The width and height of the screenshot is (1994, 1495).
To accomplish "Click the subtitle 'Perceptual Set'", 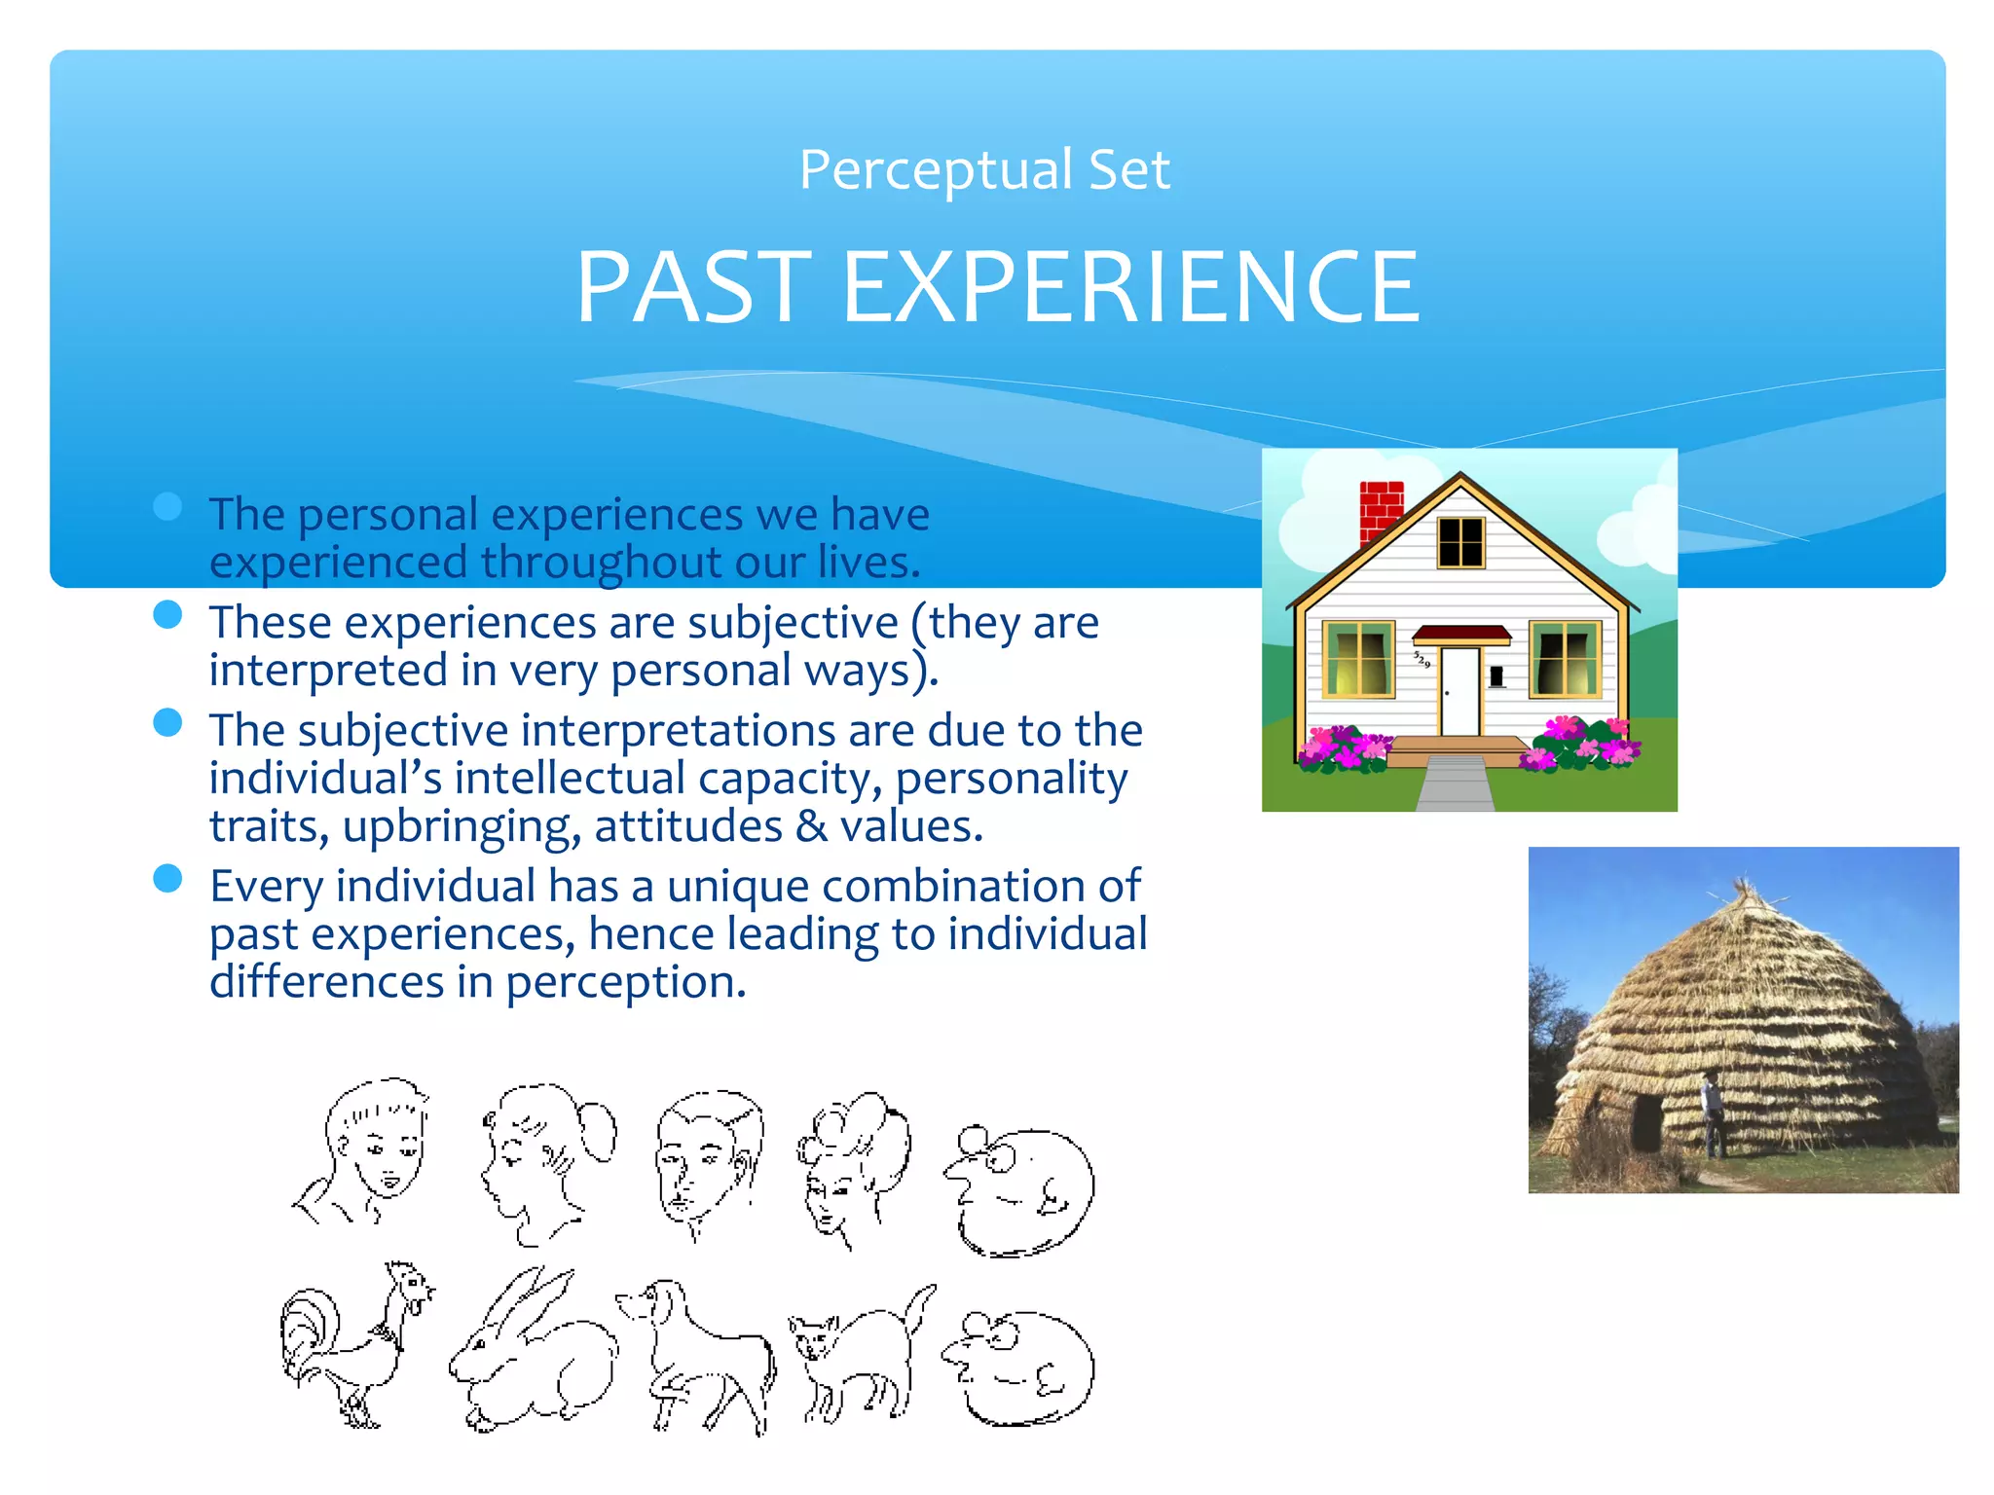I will click(983, 169).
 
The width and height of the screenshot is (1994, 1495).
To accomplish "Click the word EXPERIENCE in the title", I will click(1129, 287).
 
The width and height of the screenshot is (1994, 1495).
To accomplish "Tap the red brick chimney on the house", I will click(1380, 509).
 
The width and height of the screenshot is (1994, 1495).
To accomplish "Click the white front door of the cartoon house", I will click(1459, 690).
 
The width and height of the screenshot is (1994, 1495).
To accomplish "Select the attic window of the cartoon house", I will click(1460, 542).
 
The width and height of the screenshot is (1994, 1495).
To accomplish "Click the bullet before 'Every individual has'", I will click(168, 878).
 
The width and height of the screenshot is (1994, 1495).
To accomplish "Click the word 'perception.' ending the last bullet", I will click(625, 982).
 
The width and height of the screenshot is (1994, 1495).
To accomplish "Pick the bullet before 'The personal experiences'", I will click(168, 506).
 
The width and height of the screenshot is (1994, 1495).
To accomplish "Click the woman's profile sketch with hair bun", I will click(545, 1158).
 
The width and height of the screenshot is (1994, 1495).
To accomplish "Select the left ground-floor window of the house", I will click(1359, 659).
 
